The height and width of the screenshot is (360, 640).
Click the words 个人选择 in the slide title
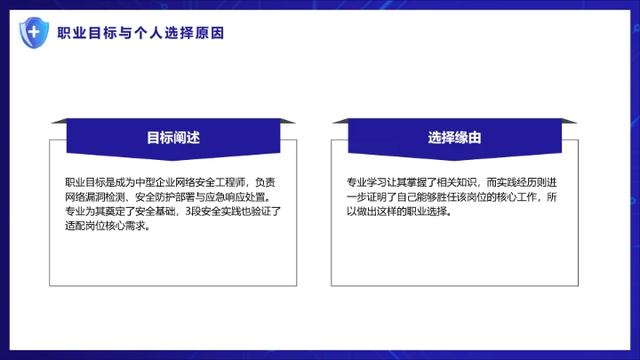tap(164, 33)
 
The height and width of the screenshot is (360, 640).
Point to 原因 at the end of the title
tap(211, 33)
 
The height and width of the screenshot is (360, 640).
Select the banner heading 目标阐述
tap(173, 138)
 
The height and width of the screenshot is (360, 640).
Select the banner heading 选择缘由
tap(454, 138)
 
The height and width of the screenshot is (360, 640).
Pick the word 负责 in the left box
tap(266, 182)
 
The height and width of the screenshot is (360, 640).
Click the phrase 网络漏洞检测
tap(92, 197)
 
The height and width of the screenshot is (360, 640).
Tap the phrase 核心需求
tap(129, 226)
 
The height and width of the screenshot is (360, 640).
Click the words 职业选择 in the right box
tap(430, 212)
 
